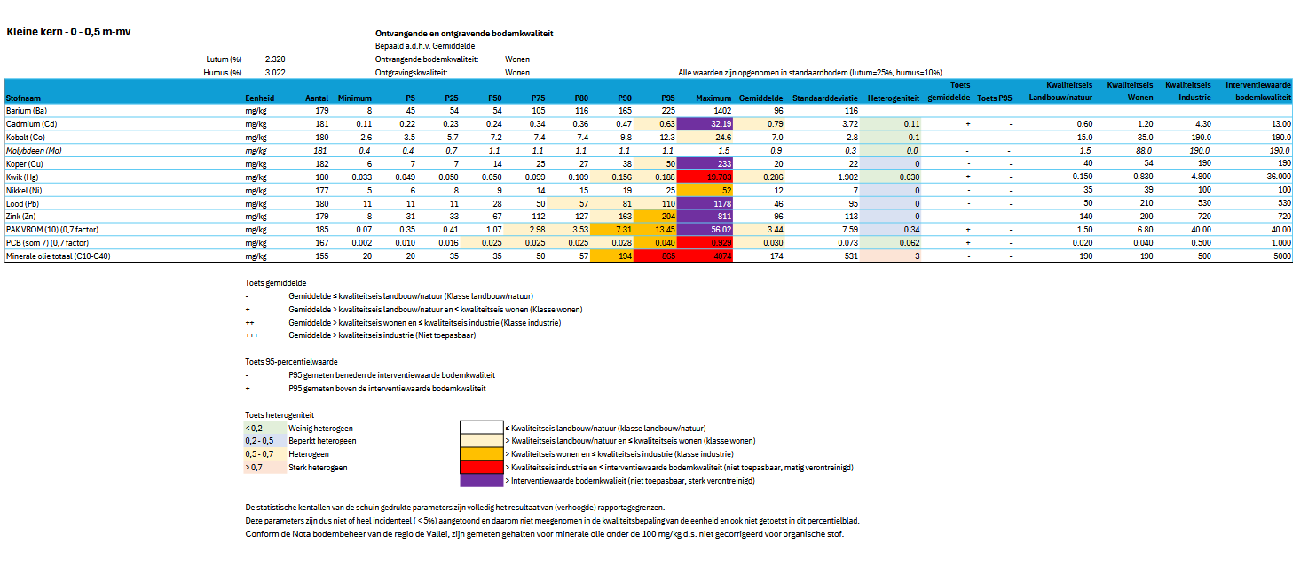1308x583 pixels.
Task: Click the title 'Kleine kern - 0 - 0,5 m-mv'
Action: tap(69, 31)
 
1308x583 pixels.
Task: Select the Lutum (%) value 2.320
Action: tap(275, 59)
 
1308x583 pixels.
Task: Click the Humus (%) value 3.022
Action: tap(275, 72)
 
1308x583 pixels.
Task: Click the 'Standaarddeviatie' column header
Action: tap(825, 98)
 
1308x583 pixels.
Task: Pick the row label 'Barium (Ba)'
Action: tap(27, 110)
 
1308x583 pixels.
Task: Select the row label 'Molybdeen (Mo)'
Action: tap(34, 151)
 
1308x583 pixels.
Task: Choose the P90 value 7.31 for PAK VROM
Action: tap(622, 229)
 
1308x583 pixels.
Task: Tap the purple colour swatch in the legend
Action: tap(480, 480)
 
